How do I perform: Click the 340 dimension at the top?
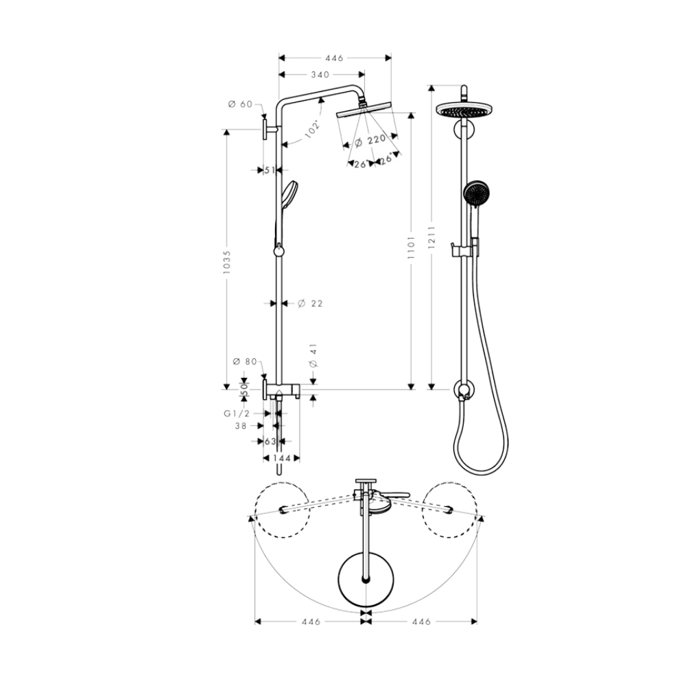pyautogui.click(x=320, y=75)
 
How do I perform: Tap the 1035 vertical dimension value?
pyautogui.click(x=226, y=262)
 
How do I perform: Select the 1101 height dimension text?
pyautogui.click(x=410, y=249)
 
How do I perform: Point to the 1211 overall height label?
pyautogui.click(x=431, y=238)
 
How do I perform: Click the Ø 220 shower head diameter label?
pyautogui.click(x=370, y=141)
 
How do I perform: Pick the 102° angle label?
pyautogui.click(x=314, y=129)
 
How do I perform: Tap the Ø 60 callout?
pyautogui.click(x=241, y=104)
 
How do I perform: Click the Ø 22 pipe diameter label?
pyautogui.click(x=310, y=303)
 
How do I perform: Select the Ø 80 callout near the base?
pyautogui.click(x=245, y=362)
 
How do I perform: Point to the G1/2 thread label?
pyautogui.click(x=237, y=414)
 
